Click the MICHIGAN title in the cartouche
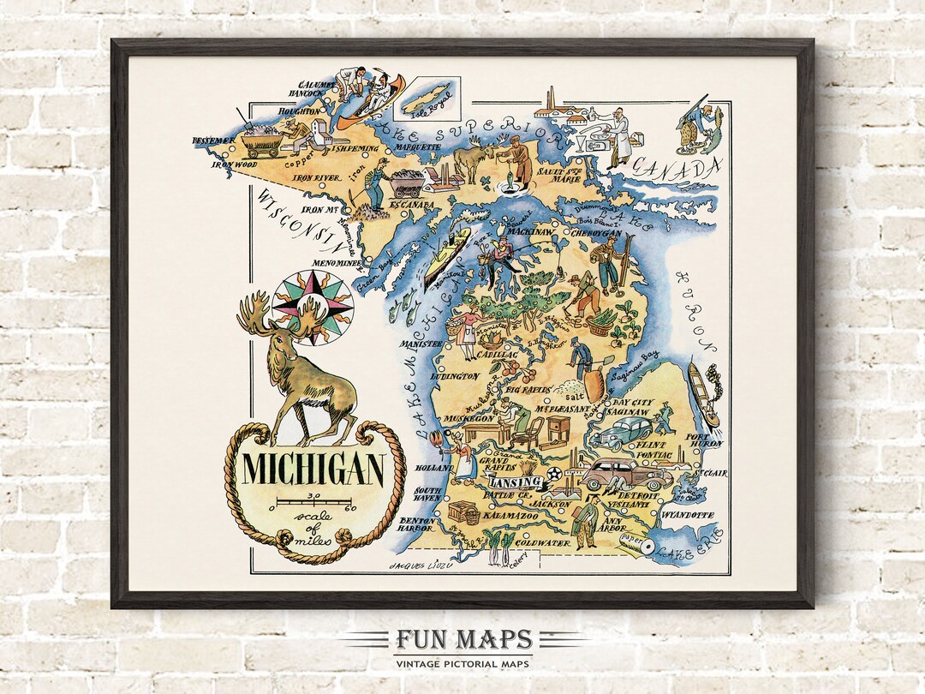coord(313,470)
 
